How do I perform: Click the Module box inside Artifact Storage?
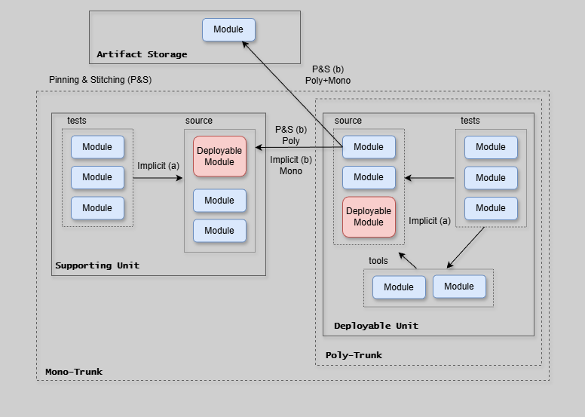click(x=228, y=30)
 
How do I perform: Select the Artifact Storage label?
click(x=142, y=54)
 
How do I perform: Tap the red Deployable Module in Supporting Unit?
click(x=219, y=156)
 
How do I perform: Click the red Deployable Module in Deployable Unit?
click(x=369, y=216)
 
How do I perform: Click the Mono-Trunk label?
click(x=74, y=372)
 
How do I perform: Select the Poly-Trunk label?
click(x=354, y=355)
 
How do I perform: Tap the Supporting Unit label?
click(x=97, y=265)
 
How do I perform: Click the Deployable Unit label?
click(x=376, y=326)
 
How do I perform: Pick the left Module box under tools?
click(x=399, y=287)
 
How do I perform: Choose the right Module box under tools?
click(x=459, y=287)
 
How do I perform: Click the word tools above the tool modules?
click(x=378, y=261)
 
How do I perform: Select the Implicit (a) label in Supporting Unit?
click(x=158, y=166)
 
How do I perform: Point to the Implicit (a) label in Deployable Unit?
click(x=430, y=221)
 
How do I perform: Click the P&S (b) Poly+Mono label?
click(x=328, y=75)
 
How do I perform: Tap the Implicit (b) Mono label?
click(x=291, y=165)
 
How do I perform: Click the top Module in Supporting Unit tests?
click(x=97, y=147)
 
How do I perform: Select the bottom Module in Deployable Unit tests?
click(x=491, y=208)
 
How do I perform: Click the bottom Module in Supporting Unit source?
click(x=219, y=231)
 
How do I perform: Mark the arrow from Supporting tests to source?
click(x=158, y=178)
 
